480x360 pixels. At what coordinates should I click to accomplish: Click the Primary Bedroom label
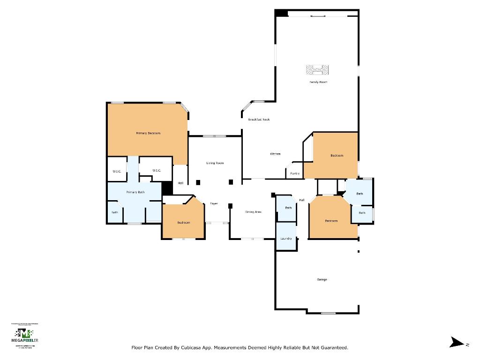(148, 134)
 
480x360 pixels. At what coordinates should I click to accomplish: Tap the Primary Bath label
(135, 192)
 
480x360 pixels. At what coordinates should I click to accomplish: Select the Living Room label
(215, 163)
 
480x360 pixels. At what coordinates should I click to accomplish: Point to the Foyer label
(214, 203)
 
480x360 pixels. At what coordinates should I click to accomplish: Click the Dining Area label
(253, 212)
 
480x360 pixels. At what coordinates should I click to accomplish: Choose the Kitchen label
(275, 154)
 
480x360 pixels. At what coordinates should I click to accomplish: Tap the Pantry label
(295, 173)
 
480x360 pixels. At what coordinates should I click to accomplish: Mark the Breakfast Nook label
(259, 120)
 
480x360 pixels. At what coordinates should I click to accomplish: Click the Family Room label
(318, 82)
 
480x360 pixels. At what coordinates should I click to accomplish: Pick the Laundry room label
(286, 239)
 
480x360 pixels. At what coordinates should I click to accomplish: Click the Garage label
(322, 279)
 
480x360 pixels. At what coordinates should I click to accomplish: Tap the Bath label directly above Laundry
(288, 208)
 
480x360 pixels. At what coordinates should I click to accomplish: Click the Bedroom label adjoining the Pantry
(337, 156)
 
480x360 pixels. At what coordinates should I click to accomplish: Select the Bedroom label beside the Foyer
(183, 222)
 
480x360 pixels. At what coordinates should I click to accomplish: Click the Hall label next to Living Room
(180, 183)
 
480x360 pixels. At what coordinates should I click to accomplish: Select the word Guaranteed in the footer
(332, 348)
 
